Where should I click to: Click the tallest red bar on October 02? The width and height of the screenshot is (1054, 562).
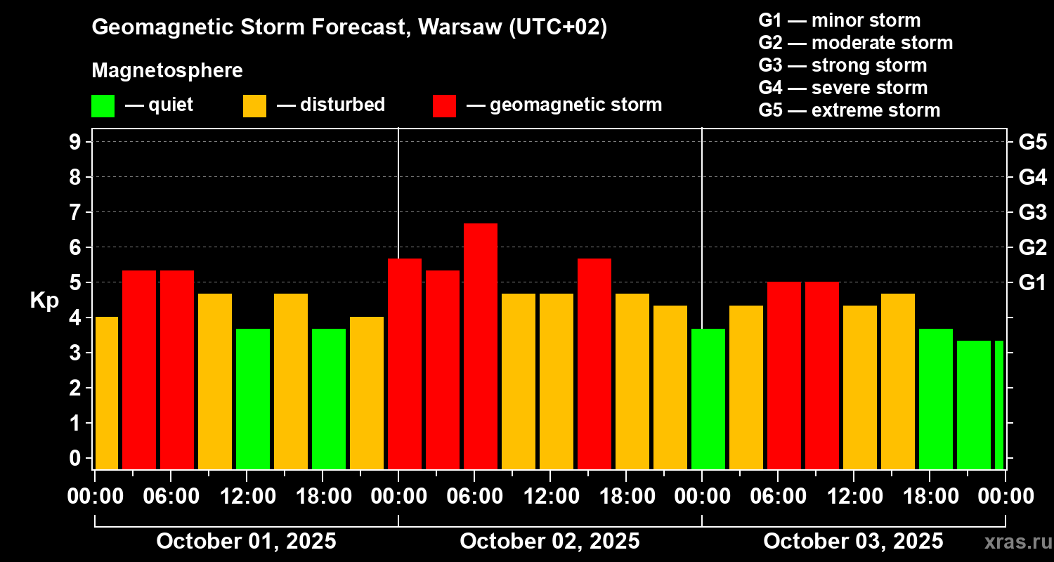pyautogui.click(x=481, y=346)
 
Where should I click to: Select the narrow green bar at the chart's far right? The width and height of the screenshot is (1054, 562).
pyautogui.click(x=999, y=405)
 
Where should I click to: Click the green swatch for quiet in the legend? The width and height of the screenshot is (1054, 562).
pyautogui.click(x=103, y=105)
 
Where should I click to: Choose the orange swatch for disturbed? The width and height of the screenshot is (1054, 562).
pyautogui.click(x=254, y=105)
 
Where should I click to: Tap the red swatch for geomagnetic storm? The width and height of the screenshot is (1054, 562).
pyautogui.click(x=444, y=105)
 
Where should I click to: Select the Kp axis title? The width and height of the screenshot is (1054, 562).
pyautogui.click(x=44, y=300)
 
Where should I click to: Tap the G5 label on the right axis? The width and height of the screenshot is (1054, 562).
pyautogui.click(x=1032, y=142)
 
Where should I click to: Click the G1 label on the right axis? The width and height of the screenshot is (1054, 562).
pyautogui.click(x=1032, y=282)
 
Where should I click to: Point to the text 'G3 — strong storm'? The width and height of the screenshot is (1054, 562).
pyautogui.click(x=842, y=65)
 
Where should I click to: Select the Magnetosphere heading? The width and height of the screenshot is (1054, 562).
pyautogui.click(x=167, y=71)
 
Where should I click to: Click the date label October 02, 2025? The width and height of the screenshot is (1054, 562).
pyautogui.click(x=549, y=542)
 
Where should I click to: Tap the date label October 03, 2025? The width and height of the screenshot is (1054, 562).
pyautogui.click(x=853, y=542)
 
